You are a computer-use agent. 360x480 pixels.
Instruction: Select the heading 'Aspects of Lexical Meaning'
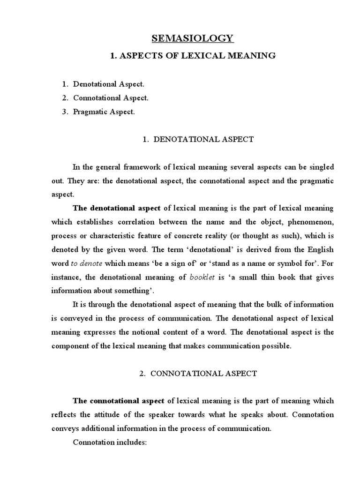[x=193, y=56]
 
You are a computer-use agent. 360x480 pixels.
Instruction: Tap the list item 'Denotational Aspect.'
[x=109, y=84]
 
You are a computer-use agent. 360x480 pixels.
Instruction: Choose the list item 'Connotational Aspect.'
[x=111, y=98]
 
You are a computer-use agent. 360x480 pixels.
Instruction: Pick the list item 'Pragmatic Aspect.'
[x=104, y=112]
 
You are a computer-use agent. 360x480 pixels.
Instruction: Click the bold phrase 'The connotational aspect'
[x=118, y=401]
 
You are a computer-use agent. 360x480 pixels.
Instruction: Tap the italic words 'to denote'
[x=86, y=263]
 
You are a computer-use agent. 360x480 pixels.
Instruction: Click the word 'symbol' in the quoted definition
[x=278, y=263]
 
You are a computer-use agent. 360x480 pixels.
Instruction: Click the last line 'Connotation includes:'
[x=110, y=442]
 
